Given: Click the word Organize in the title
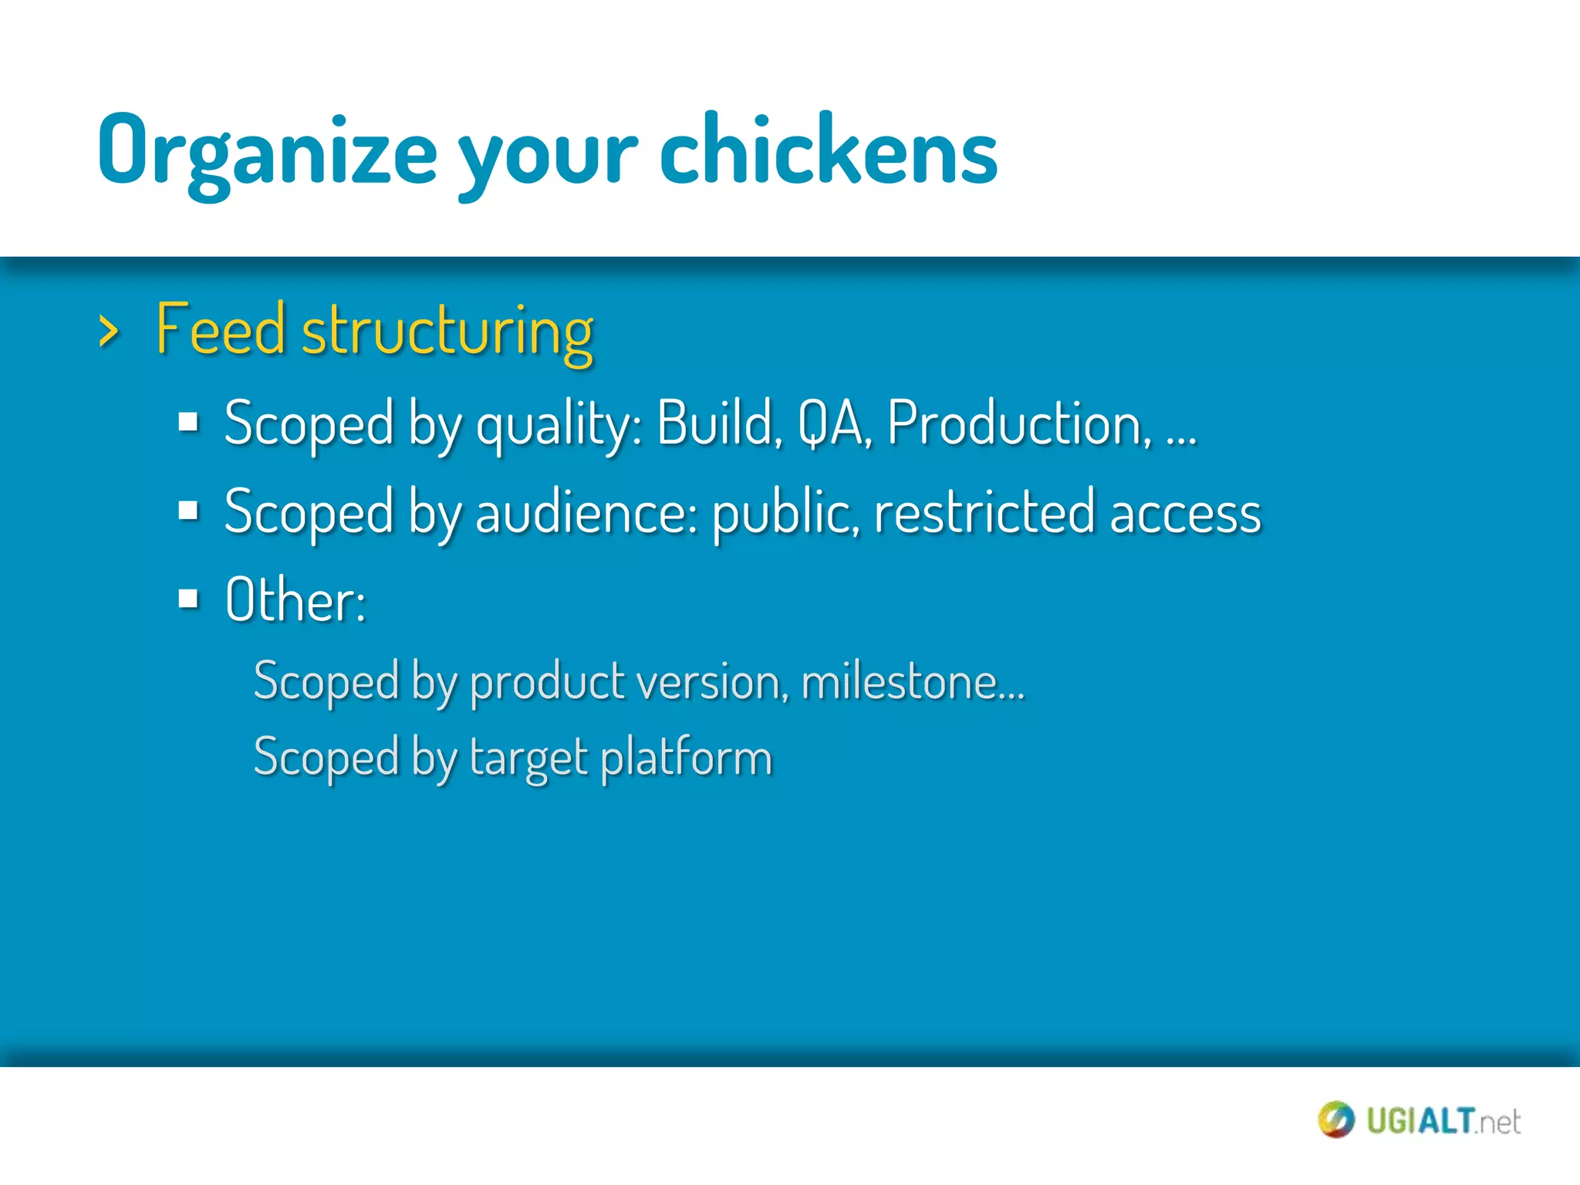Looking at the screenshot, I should (x=267, y=150).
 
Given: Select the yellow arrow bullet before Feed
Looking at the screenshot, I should (x=110, y=332).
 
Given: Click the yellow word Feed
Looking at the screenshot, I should (x=221, y=329).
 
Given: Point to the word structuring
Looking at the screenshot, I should (x=447, y=333).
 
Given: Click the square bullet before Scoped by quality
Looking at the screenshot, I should (x=188, y=423).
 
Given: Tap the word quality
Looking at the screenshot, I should (x=558, y=427).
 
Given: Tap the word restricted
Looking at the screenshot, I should (x=984, y=513).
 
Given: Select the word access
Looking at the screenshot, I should (x=1185, y=515).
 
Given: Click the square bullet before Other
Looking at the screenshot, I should (x=188, y=598).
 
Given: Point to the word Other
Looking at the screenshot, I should (x=294, y=600).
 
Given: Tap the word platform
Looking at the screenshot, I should (x=686, y=758).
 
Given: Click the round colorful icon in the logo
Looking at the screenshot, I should (x=1335, y=1119).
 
